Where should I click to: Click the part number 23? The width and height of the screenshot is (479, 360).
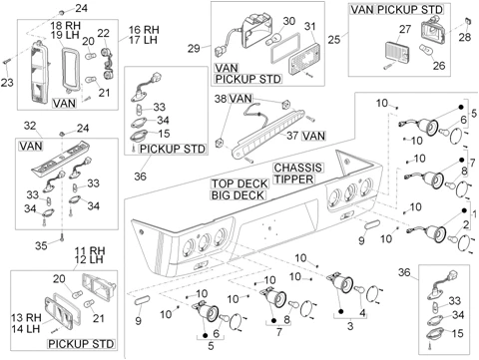click(x=7, y=82)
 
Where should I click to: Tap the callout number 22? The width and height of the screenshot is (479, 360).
click(x=104, y=33)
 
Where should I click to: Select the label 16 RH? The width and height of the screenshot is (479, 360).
click(x=144, y=30)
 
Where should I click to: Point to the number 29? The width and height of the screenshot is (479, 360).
click(x=194, y=49)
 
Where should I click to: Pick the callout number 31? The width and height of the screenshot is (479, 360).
click(x=310, y=26)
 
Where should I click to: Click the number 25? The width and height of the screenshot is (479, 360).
click(x=334, y=39)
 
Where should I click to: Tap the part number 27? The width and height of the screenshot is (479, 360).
click(x=405, y=29)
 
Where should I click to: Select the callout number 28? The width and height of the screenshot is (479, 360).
click(x=465, y=37)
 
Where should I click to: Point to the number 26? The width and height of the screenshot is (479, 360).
click(x=439, y=65)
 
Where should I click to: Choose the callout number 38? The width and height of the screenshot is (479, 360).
click(x=221, y=99)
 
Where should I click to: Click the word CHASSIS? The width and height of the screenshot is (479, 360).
click(x=298, y=168)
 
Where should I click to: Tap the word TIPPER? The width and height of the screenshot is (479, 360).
click(x=294, y=180)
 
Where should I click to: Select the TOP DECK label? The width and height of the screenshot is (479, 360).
click(x=239, y=183)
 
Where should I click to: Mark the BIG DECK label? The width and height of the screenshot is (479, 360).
click(x=238, y=195)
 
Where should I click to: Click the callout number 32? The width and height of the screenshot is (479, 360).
click(x=30, y=126)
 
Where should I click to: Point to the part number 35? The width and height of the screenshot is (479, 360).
click(x=41, y=245)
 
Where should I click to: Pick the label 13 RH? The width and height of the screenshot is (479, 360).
click(x=26, y=317)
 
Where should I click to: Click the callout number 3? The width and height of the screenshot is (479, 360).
click(x=350, y=326)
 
